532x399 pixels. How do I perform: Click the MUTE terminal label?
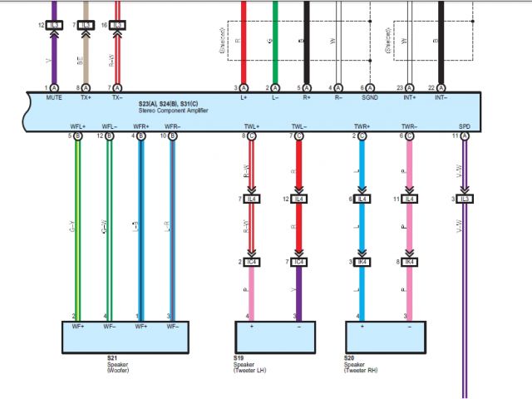(x=55, y=97)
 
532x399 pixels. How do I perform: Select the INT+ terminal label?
(x=409, y=97)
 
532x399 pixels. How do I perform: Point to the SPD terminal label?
(x=464, y=126)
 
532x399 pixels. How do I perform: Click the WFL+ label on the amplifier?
(x=77, y=126)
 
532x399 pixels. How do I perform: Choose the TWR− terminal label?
(x=408, y=126)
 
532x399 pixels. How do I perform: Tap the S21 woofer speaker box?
(x=127, y=337)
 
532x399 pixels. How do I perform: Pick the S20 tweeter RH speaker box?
(x=385, y=337)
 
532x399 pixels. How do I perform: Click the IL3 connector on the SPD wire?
(x=465, y=199)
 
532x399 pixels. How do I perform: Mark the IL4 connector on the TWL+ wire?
(x=251, y=199)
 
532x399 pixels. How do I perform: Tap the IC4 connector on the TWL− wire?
(x=298, y=263)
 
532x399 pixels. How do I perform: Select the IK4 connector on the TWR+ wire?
(x=362, y=263)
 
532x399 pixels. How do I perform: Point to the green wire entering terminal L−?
(x=275, y=42)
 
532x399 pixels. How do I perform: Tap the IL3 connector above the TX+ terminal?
(x=86, y=26)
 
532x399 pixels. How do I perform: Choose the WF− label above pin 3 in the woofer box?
(x=173, y=326)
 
